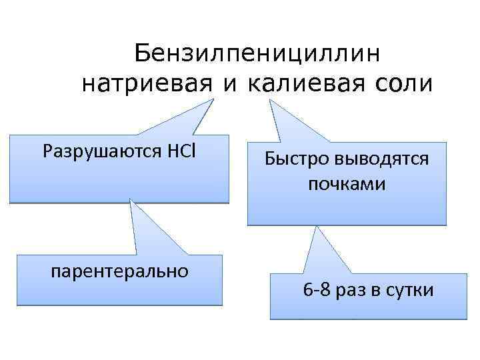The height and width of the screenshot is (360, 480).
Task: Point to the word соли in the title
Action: click(x=403, y=85)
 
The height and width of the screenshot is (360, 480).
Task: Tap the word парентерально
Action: click(x=119, y=271)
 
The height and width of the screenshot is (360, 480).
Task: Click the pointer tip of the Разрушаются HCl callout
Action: click(x=214, y=100)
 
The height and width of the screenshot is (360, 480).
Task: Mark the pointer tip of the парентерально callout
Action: click(x=131, y=202)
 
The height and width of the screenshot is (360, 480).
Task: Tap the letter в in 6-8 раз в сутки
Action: click(x=375, y=291)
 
